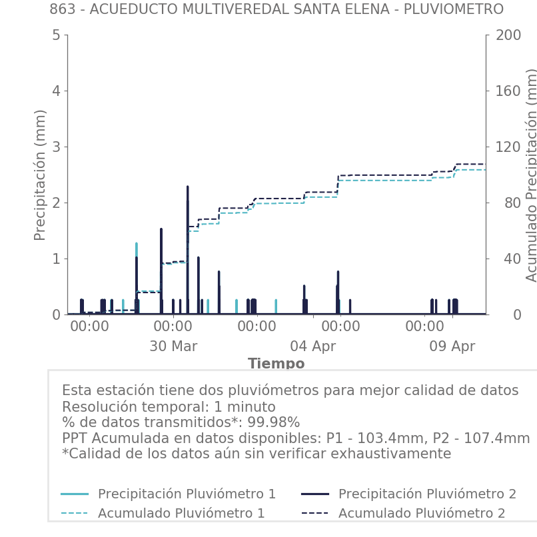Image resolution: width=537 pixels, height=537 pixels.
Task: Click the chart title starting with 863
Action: pos(276,9)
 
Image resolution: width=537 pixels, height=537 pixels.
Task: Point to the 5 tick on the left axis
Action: pos(55,35)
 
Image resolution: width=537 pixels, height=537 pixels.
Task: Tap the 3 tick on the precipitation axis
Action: pos(55,147)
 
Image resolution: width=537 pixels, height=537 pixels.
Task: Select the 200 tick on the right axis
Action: pos(508,35)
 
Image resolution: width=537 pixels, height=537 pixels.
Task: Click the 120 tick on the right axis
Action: pos(508,147)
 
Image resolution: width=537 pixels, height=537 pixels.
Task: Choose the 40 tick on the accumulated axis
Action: pos(504,259)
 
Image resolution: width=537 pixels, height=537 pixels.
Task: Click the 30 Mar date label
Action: pos(173,346)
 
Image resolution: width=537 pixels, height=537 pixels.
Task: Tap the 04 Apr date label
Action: pos(313,346)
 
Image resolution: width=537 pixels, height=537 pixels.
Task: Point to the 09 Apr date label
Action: pos(452,346)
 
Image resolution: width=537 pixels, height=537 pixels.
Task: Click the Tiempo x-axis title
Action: pos(276,364)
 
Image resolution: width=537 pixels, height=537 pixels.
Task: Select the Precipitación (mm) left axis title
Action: pos(41,175)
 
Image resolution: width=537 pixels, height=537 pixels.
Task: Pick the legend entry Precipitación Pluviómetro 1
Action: pos(187,494)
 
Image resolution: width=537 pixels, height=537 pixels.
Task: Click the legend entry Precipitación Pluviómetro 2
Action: pos(427,494)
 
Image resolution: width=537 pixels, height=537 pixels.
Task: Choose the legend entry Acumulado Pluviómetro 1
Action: pos(181,513)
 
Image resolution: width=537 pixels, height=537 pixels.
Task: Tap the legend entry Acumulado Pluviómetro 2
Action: pos(422,513)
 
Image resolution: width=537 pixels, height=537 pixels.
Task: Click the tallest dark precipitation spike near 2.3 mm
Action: pos(187,188)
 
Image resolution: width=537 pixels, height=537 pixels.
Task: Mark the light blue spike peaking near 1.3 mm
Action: pos(137,245)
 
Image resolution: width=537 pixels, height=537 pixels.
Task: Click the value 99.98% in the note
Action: pos(274,422)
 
